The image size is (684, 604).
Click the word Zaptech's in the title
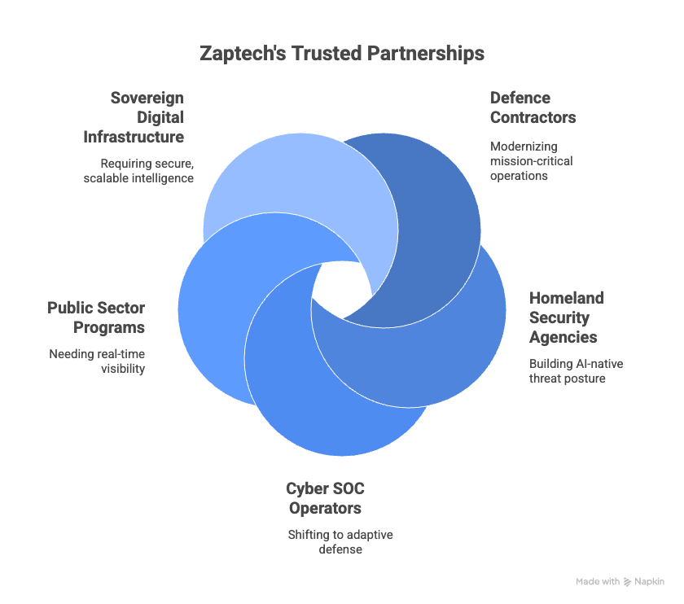click(243, 54)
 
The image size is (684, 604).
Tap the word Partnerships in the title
click(425, 54)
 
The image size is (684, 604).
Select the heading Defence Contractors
click(533, 107)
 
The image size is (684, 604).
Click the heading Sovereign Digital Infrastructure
click(134, 117)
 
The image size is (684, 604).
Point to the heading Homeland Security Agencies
click(567, 317)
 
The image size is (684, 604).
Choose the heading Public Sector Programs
click(96, 317)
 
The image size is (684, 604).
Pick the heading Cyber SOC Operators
click(326, 498)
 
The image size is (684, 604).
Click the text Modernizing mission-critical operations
click(531, 161)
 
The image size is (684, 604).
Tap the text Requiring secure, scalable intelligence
click(138, 171)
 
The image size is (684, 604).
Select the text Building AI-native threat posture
click(577, 371)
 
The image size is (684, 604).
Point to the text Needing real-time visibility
click(97, 361)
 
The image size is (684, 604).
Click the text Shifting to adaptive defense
click(340, 541)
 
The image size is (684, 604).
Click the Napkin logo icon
click(627, 582)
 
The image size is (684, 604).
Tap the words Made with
click(598, 581)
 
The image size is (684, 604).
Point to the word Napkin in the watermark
click(649, 582)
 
